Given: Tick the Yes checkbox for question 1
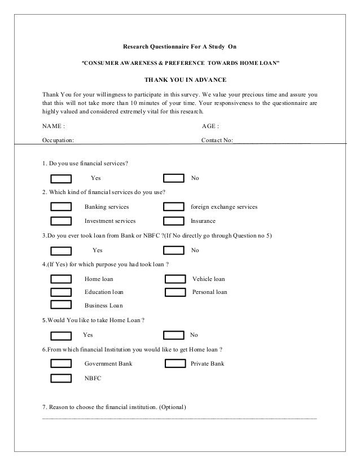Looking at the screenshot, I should coord(61,179).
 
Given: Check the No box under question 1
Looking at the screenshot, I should coord(174,179).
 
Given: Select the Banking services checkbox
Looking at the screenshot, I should coord(61,207).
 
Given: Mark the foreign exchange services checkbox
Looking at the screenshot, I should coord(174,207).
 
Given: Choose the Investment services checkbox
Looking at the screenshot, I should coord(61,221).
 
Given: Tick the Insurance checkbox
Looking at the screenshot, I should coord(174,221).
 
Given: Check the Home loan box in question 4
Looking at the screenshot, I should coord(61,279).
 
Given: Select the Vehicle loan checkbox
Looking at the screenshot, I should coord(175,279).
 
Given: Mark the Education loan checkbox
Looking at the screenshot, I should coord(61,292).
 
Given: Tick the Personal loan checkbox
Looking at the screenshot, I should coord(175,292).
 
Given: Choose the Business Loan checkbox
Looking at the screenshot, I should coord(61,306).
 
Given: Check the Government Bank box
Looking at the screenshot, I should coord(61,364).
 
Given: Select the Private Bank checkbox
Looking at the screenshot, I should coord(175,364).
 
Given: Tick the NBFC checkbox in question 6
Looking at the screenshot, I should coord(61,378).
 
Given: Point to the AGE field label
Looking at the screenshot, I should coord(210,126).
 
